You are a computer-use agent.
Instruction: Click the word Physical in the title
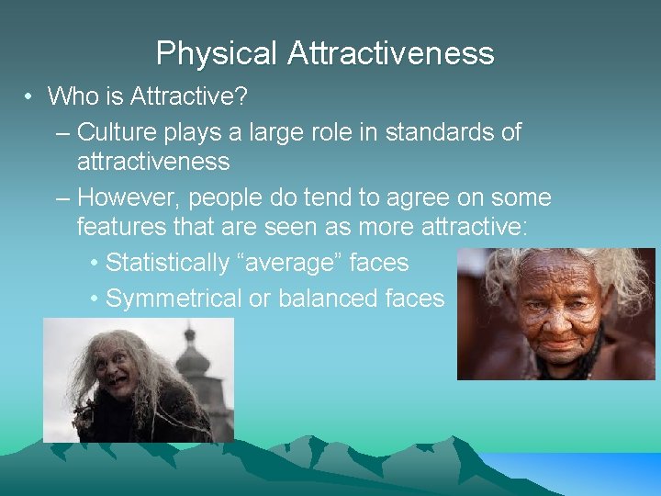[x=218, y=53]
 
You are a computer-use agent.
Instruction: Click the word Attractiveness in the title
[x=391, y=53]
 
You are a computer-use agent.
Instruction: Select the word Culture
[x=117, y=132]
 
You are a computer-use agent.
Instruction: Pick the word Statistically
[x=165, y=263]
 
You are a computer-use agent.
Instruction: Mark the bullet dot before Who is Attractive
[x=30, y=96]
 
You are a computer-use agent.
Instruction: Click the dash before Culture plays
[x=62, y=132]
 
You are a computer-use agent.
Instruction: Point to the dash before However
[x=62, y=197]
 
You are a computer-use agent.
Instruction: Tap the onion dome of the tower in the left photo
[x=193, y=358]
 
